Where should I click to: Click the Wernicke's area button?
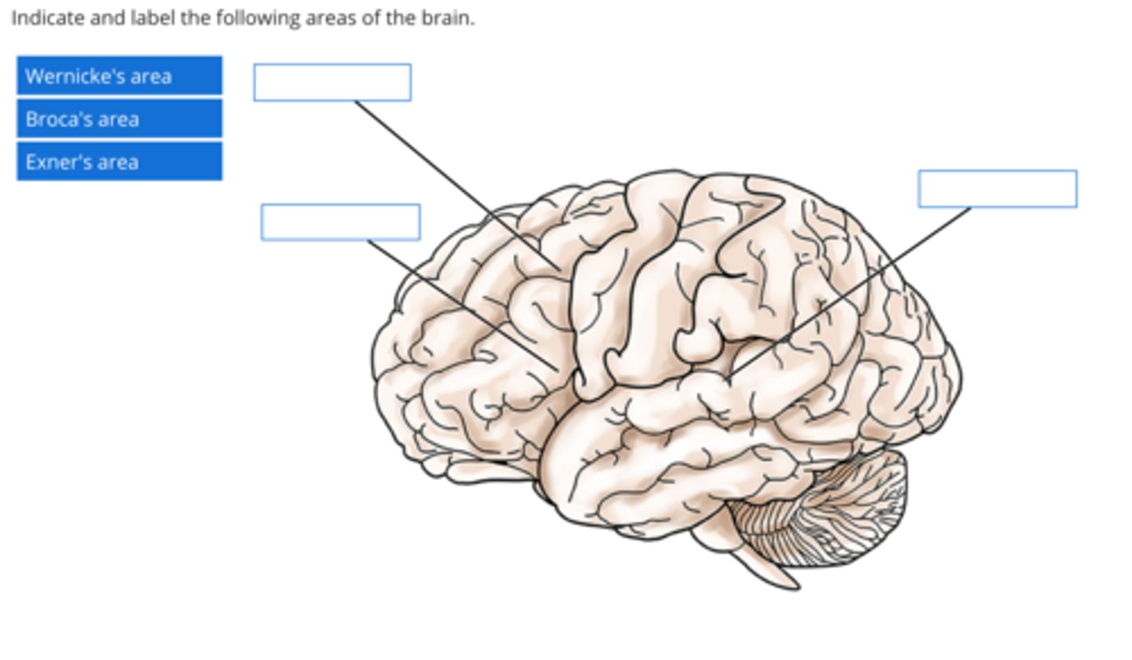(119, 76)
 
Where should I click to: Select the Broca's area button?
(119, 119)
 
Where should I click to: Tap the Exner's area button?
(119, 162)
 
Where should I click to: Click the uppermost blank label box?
(332, 82)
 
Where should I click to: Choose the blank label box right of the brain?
(997, 189)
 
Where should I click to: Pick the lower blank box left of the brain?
(340, 222)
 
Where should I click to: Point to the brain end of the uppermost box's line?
(560, 270)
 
